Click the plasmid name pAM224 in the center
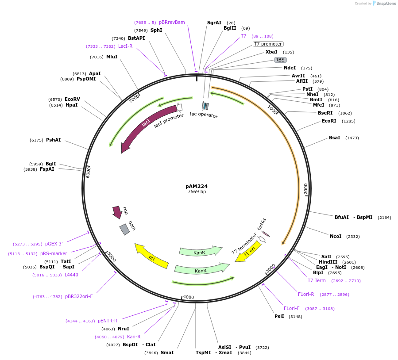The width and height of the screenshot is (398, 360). (x=197, y=186)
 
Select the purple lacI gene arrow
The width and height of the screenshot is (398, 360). (x=146, y=124)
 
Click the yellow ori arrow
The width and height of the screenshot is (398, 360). (x=151, y=257)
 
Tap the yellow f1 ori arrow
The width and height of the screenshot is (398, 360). (x=248, y=252)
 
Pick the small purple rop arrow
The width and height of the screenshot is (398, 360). (x=117, y=212)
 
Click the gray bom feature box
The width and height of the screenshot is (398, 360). (x=125, y=229)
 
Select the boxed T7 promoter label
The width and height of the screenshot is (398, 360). (x=268, y=44)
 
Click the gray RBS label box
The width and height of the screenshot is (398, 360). (x=280, y=60)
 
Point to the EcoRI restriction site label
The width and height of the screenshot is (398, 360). (x=329, y=121)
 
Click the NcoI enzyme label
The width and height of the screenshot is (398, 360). (x=336, y=236)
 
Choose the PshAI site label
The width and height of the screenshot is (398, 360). (x=53, y=140)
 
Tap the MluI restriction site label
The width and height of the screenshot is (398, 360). (x=112, y=57)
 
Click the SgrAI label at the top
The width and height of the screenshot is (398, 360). (x=214, y=23)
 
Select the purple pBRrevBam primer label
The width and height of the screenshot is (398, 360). (x=172, y=22)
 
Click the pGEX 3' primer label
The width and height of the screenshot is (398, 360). (x=54, y=244)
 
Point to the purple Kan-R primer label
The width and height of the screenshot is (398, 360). (x=134, y=337)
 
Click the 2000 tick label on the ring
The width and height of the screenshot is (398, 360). (x=305, y=188)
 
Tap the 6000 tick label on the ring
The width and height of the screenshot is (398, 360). (x=88, y=172)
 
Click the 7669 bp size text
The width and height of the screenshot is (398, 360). (x=197, y=192)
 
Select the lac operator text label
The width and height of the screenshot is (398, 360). (x=204, y=115)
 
